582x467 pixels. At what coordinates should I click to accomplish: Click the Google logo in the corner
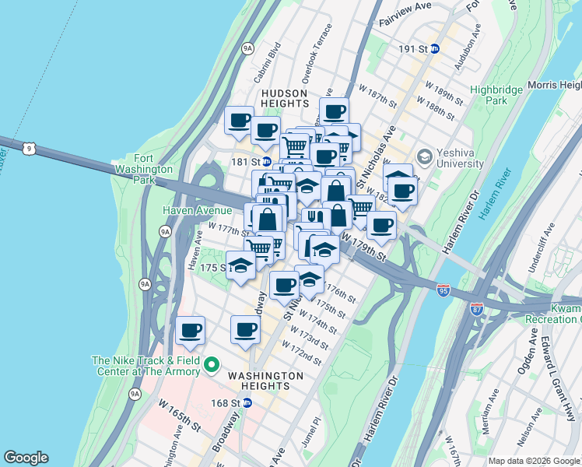(x=26, y=458)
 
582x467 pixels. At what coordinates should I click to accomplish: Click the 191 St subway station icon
(x=435, y=48)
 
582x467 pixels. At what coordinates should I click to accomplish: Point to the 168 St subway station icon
(x=247, y=402)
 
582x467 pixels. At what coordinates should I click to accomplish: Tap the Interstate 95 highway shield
(x=444, y=290)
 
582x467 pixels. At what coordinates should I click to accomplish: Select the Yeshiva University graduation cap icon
(x=424, y=156)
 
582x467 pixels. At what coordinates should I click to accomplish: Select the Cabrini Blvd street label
(x=266, y=66)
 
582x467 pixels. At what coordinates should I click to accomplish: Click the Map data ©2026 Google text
(x=532, y=460)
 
